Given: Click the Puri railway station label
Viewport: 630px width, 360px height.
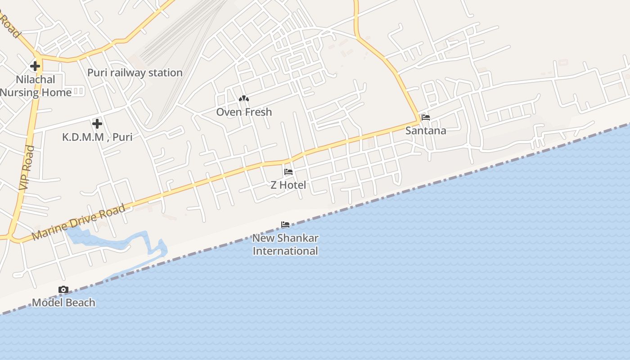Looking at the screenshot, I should tap(135, 73).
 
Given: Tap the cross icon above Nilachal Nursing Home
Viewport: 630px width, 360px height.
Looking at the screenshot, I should tap(35, 66).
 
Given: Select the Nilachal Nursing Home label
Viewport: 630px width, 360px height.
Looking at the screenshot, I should tap(36, 86).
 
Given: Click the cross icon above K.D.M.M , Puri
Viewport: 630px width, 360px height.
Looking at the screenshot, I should tap(97, 123).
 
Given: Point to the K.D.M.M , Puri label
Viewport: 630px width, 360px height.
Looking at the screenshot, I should tap(97, 137).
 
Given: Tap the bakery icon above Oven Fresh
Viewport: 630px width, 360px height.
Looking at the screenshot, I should tap(244, 99).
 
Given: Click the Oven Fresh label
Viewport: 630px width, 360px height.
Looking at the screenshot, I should tap(244, 112).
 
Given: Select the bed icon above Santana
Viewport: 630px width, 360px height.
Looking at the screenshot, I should tap(426, 117).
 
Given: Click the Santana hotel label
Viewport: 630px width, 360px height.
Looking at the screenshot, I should tap(426, 131).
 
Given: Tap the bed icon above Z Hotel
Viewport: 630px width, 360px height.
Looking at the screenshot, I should tap(288, 172).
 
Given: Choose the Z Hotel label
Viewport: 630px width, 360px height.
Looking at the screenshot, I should tap(288, 185).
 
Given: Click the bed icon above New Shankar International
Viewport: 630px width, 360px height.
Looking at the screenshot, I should tap(285, 225).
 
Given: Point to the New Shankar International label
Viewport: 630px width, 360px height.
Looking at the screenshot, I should tap(285, 244).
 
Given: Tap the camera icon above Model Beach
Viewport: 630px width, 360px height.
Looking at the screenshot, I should tap(63, 290).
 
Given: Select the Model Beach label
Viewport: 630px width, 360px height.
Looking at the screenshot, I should tap(63, 303).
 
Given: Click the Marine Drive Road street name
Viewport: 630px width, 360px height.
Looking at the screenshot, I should tap(79, 222).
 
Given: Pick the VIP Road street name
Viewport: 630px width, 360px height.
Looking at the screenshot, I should tap(27, 167).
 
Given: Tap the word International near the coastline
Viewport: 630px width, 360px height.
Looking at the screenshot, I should tap(285, 251).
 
